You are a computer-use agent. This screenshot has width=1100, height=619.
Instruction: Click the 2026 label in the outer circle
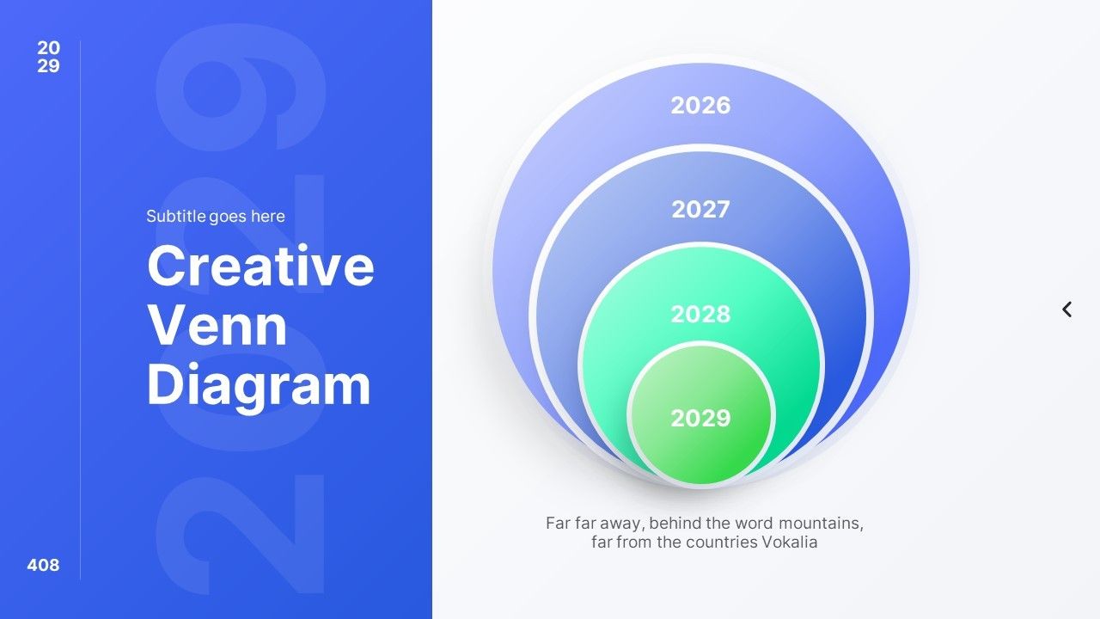pyautogui.click(x=700, y=105)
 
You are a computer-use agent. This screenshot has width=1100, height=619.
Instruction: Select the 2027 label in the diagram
pyautogui.click(x=700, y=209)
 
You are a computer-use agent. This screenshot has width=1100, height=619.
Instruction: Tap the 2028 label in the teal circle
pyautogui.click(x=700, y=314)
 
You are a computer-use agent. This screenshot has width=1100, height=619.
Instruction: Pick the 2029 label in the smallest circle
pyautogui.click(x=700, y=418)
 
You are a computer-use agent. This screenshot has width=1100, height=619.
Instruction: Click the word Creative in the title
pyautogui.click(x=260, y=266)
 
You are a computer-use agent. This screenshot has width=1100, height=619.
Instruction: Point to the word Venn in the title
pyautogui.click(x=217, y=325)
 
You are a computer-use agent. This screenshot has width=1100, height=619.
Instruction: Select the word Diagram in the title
pyautogui.click(x=259, y=387)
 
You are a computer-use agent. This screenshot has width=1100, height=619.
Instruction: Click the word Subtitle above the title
pyautogui.click(x=176, y=216)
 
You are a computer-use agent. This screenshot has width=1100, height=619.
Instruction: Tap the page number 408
pyautogui.click(x=43, y=565)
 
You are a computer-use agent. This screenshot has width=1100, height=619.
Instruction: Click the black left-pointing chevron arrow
pyautogui.click(x=1066, y=309)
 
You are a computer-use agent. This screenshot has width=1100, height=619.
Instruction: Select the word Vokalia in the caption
pyautogui.click(x=790, y=542)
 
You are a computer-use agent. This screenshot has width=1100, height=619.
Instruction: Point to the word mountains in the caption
pyautogui.click(x=821, y=524)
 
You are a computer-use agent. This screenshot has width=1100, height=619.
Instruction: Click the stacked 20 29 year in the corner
pyautogui.click(x=49, y=57)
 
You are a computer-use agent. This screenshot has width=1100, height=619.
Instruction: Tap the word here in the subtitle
pyautogui.click(x=267, y=216)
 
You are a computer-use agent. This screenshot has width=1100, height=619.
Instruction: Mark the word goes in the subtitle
pyautogui.click(x=228, y=218)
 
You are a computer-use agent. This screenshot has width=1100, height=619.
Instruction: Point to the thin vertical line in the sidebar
pyautogui.click(x=80, y=310)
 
